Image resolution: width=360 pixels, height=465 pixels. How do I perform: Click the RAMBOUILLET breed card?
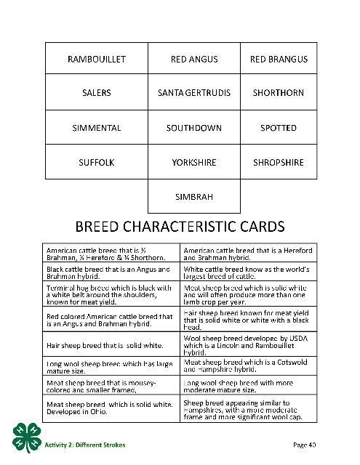click(96, 59)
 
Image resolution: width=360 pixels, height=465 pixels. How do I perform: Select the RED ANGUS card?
click(194, 59)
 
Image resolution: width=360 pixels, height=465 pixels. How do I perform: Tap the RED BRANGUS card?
click(279, 59)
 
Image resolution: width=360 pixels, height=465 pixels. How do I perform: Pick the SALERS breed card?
click(96, 93)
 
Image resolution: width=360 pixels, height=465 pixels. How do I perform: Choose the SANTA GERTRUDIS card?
click(194, 93)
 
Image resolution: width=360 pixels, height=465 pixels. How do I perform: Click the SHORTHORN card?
click(279, 93)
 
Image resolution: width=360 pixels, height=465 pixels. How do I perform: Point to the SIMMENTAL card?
click(96, 128)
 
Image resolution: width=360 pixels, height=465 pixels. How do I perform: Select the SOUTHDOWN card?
click(194, 128)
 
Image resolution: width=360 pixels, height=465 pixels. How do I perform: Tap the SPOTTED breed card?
click(279, 128)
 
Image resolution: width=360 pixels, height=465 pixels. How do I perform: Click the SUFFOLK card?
click(96, 163)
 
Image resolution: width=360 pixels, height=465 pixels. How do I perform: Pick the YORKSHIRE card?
click(194, 163)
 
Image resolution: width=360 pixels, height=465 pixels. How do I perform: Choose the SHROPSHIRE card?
click(279, 163)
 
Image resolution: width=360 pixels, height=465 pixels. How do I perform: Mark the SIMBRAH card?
click(194, 197)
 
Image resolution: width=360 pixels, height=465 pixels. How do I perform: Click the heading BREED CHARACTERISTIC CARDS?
click(180, 226)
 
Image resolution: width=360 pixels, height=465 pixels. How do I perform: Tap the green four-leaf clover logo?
click(27, 434)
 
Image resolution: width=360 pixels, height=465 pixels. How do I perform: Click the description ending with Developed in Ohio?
click(109, 408)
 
